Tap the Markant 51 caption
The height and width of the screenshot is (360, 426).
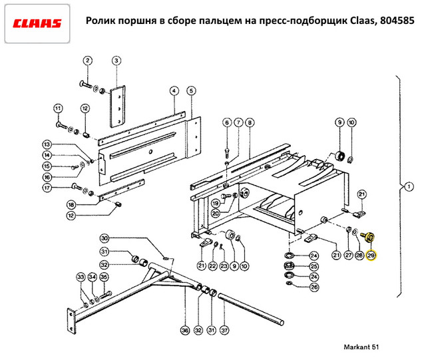363,347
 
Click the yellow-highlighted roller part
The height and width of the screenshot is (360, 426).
368,236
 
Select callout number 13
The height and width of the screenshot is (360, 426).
47,144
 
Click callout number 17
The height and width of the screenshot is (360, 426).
47,188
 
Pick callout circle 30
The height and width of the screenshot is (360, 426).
105,238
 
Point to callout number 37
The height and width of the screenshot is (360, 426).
224,329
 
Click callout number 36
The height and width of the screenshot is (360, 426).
184,329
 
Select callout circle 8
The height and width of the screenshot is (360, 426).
249,122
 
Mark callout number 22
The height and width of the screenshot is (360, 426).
212,266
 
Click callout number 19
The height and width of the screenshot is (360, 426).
216,202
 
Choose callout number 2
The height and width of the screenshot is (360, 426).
87,61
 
